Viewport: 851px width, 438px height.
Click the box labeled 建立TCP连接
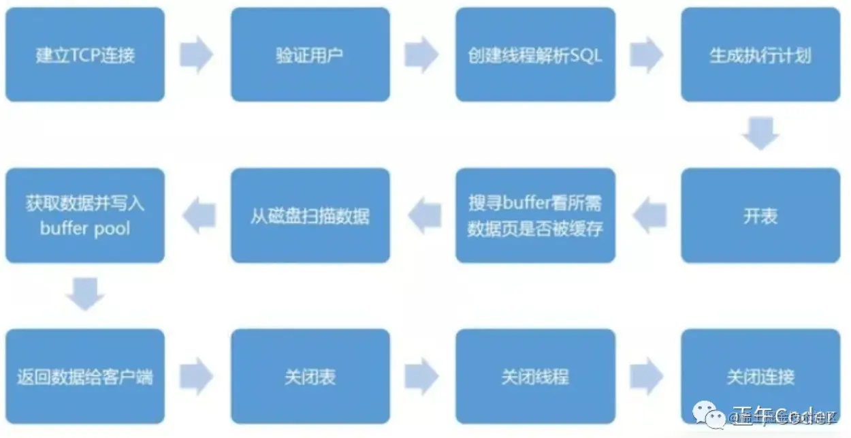point(85,54)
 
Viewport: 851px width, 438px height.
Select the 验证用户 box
point(310,54)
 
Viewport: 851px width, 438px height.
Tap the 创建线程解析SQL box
point(535,54)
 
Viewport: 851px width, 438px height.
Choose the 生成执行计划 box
point(760,54)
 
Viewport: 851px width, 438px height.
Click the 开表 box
point(760,216)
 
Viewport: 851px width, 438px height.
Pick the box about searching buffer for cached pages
point(535,216)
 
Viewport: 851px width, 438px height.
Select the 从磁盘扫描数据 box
point(310,216)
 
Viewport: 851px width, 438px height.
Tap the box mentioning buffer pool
point(85,216)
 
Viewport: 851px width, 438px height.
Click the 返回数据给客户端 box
point(85,377)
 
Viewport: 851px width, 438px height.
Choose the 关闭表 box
point(310,377)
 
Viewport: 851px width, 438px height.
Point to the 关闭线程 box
point(535,377)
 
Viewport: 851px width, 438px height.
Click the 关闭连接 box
point(760,377)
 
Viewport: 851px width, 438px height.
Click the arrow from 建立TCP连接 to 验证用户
point(197,54)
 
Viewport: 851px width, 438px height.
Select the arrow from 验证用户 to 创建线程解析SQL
point(421,54)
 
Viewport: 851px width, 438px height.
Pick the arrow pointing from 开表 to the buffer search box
point(648,216)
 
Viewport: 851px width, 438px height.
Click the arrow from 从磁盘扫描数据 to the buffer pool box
point(198,216)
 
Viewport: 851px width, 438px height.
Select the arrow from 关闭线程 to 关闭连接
point(647,377)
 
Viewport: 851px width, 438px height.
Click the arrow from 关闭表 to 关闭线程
point(421,377)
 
